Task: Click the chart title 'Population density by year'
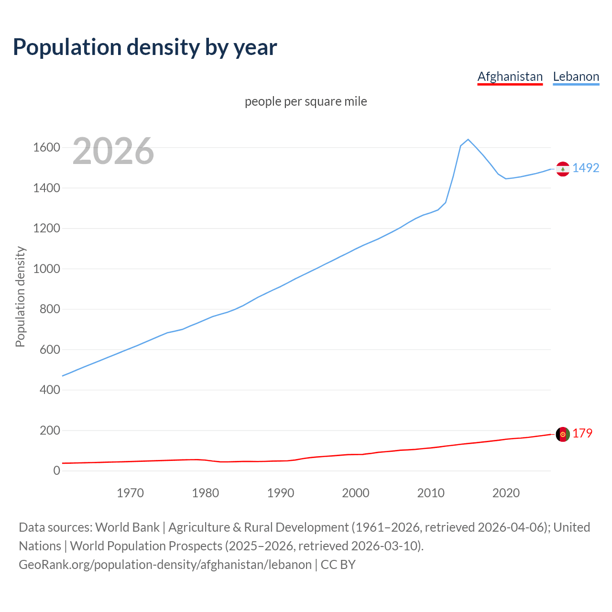point(145,47)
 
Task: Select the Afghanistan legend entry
point(510,77)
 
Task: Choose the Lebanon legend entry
point(576,77)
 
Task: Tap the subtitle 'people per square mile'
point(306,102)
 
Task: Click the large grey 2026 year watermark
point(113,151)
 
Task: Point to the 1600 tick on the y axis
point(46,148)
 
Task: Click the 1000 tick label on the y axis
point(46,269)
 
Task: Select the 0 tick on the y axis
point(57,471)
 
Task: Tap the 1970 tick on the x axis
point(130,493)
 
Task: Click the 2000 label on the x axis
point(355,493)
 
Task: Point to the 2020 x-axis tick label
point(506,493)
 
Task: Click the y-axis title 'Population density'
point(20,296)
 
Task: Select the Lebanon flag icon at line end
point(563,169)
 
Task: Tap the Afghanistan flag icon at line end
point(563,434)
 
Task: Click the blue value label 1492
point(586,168)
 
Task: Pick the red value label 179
point(582,434)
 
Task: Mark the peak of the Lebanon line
point(468,139)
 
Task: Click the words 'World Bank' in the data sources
point(127,527)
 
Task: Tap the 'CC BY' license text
point(338,565)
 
